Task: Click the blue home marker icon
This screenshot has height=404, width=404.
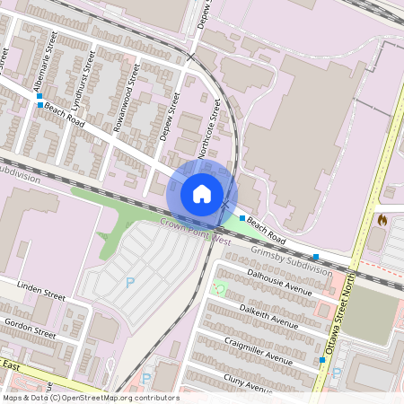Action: (x=202, y=193)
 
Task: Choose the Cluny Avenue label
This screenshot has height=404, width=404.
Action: (x=249, y=382)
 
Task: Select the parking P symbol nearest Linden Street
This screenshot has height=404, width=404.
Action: (x=130, y=282)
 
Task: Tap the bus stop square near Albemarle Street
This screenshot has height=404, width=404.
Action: (x=40, y=105)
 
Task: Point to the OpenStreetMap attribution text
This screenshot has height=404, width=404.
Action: (x=91, y=397)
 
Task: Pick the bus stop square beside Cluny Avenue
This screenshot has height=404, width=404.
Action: (x=321, y=360)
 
